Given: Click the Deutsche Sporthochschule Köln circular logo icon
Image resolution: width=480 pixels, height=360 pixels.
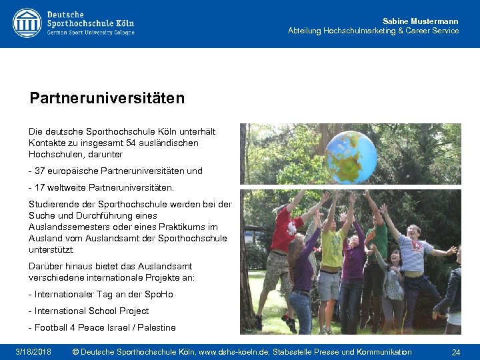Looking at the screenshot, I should coord(27,23).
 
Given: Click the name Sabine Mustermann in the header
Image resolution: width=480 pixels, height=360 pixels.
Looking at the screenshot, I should coord(420,21).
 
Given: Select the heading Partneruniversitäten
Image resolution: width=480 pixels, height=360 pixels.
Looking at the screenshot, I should coord(107,99).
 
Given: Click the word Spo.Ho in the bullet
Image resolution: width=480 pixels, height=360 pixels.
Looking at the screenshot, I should coord(160,294).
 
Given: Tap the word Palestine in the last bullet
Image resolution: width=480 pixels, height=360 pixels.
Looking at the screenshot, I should coord(155,327).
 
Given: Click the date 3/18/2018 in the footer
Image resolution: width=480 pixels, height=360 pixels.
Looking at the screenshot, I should coord(33,351).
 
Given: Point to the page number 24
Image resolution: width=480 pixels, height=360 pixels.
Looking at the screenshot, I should coord(456,352).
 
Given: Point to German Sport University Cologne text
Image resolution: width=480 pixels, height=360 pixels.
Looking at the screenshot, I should coord(91,33).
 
